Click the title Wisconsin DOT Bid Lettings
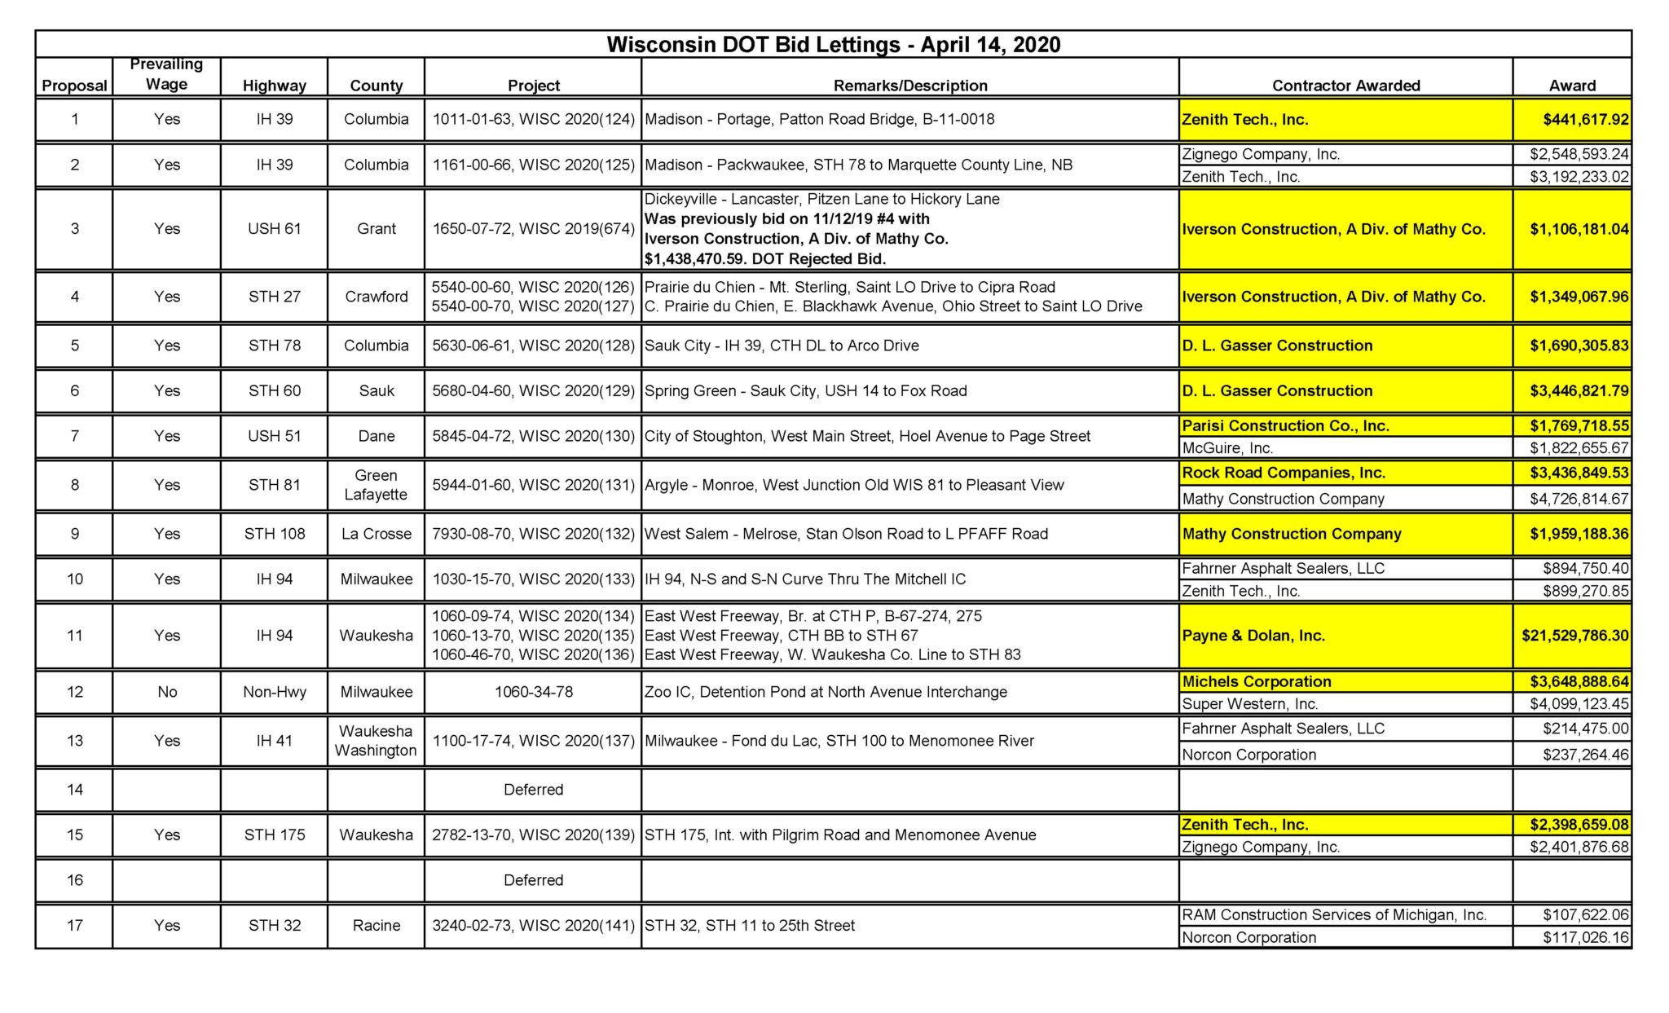pos(833,44)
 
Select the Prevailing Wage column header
pos(166,74)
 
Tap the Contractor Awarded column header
pos(1345,86)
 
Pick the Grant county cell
pos(376,229)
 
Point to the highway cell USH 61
pos(274,229)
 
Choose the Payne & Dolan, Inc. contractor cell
pos(1253,636)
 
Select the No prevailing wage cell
pos(167,692)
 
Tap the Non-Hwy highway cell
pos(274,692)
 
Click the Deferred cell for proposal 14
pos(533,790)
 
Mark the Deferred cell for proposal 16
pos(533,880)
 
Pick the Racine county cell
pos(376,926)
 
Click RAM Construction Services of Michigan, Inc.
pos(1334,915)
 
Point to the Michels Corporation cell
pos(1256,681)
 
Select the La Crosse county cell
pos(376,534)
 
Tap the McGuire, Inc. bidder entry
pos(1227,448)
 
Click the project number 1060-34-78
pos(533,692)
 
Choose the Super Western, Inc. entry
pos(1249,704)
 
